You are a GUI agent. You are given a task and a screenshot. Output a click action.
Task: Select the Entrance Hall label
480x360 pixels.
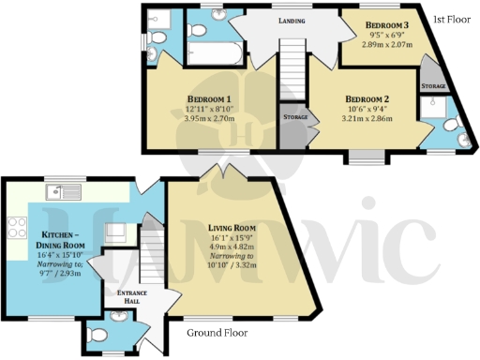click(x=131, y=296)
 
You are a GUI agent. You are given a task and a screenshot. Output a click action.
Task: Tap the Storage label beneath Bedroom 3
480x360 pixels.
click(x=433, y=85)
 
